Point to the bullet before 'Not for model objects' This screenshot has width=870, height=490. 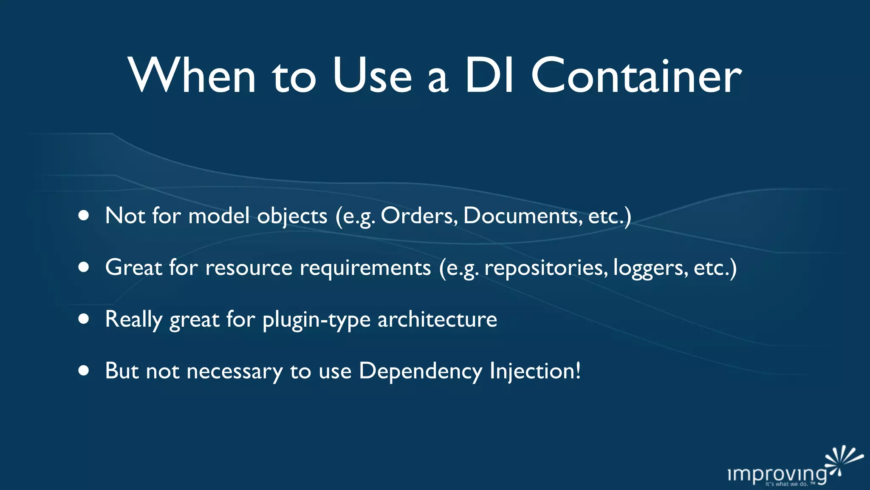click(84, 216)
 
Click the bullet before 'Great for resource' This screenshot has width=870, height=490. click(84, 267)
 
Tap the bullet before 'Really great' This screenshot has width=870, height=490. click(84, 319)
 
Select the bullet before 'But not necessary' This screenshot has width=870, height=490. click(84, 370)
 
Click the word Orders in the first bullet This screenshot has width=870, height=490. click(419, 216)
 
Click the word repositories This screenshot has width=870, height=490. click(545, 268)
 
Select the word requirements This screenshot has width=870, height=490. click(365, 268)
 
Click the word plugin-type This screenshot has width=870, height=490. click(316, 320)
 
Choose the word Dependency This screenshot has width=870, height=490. click(420, 371)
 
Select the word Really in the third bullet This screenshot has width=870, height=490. click(134, 320)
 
